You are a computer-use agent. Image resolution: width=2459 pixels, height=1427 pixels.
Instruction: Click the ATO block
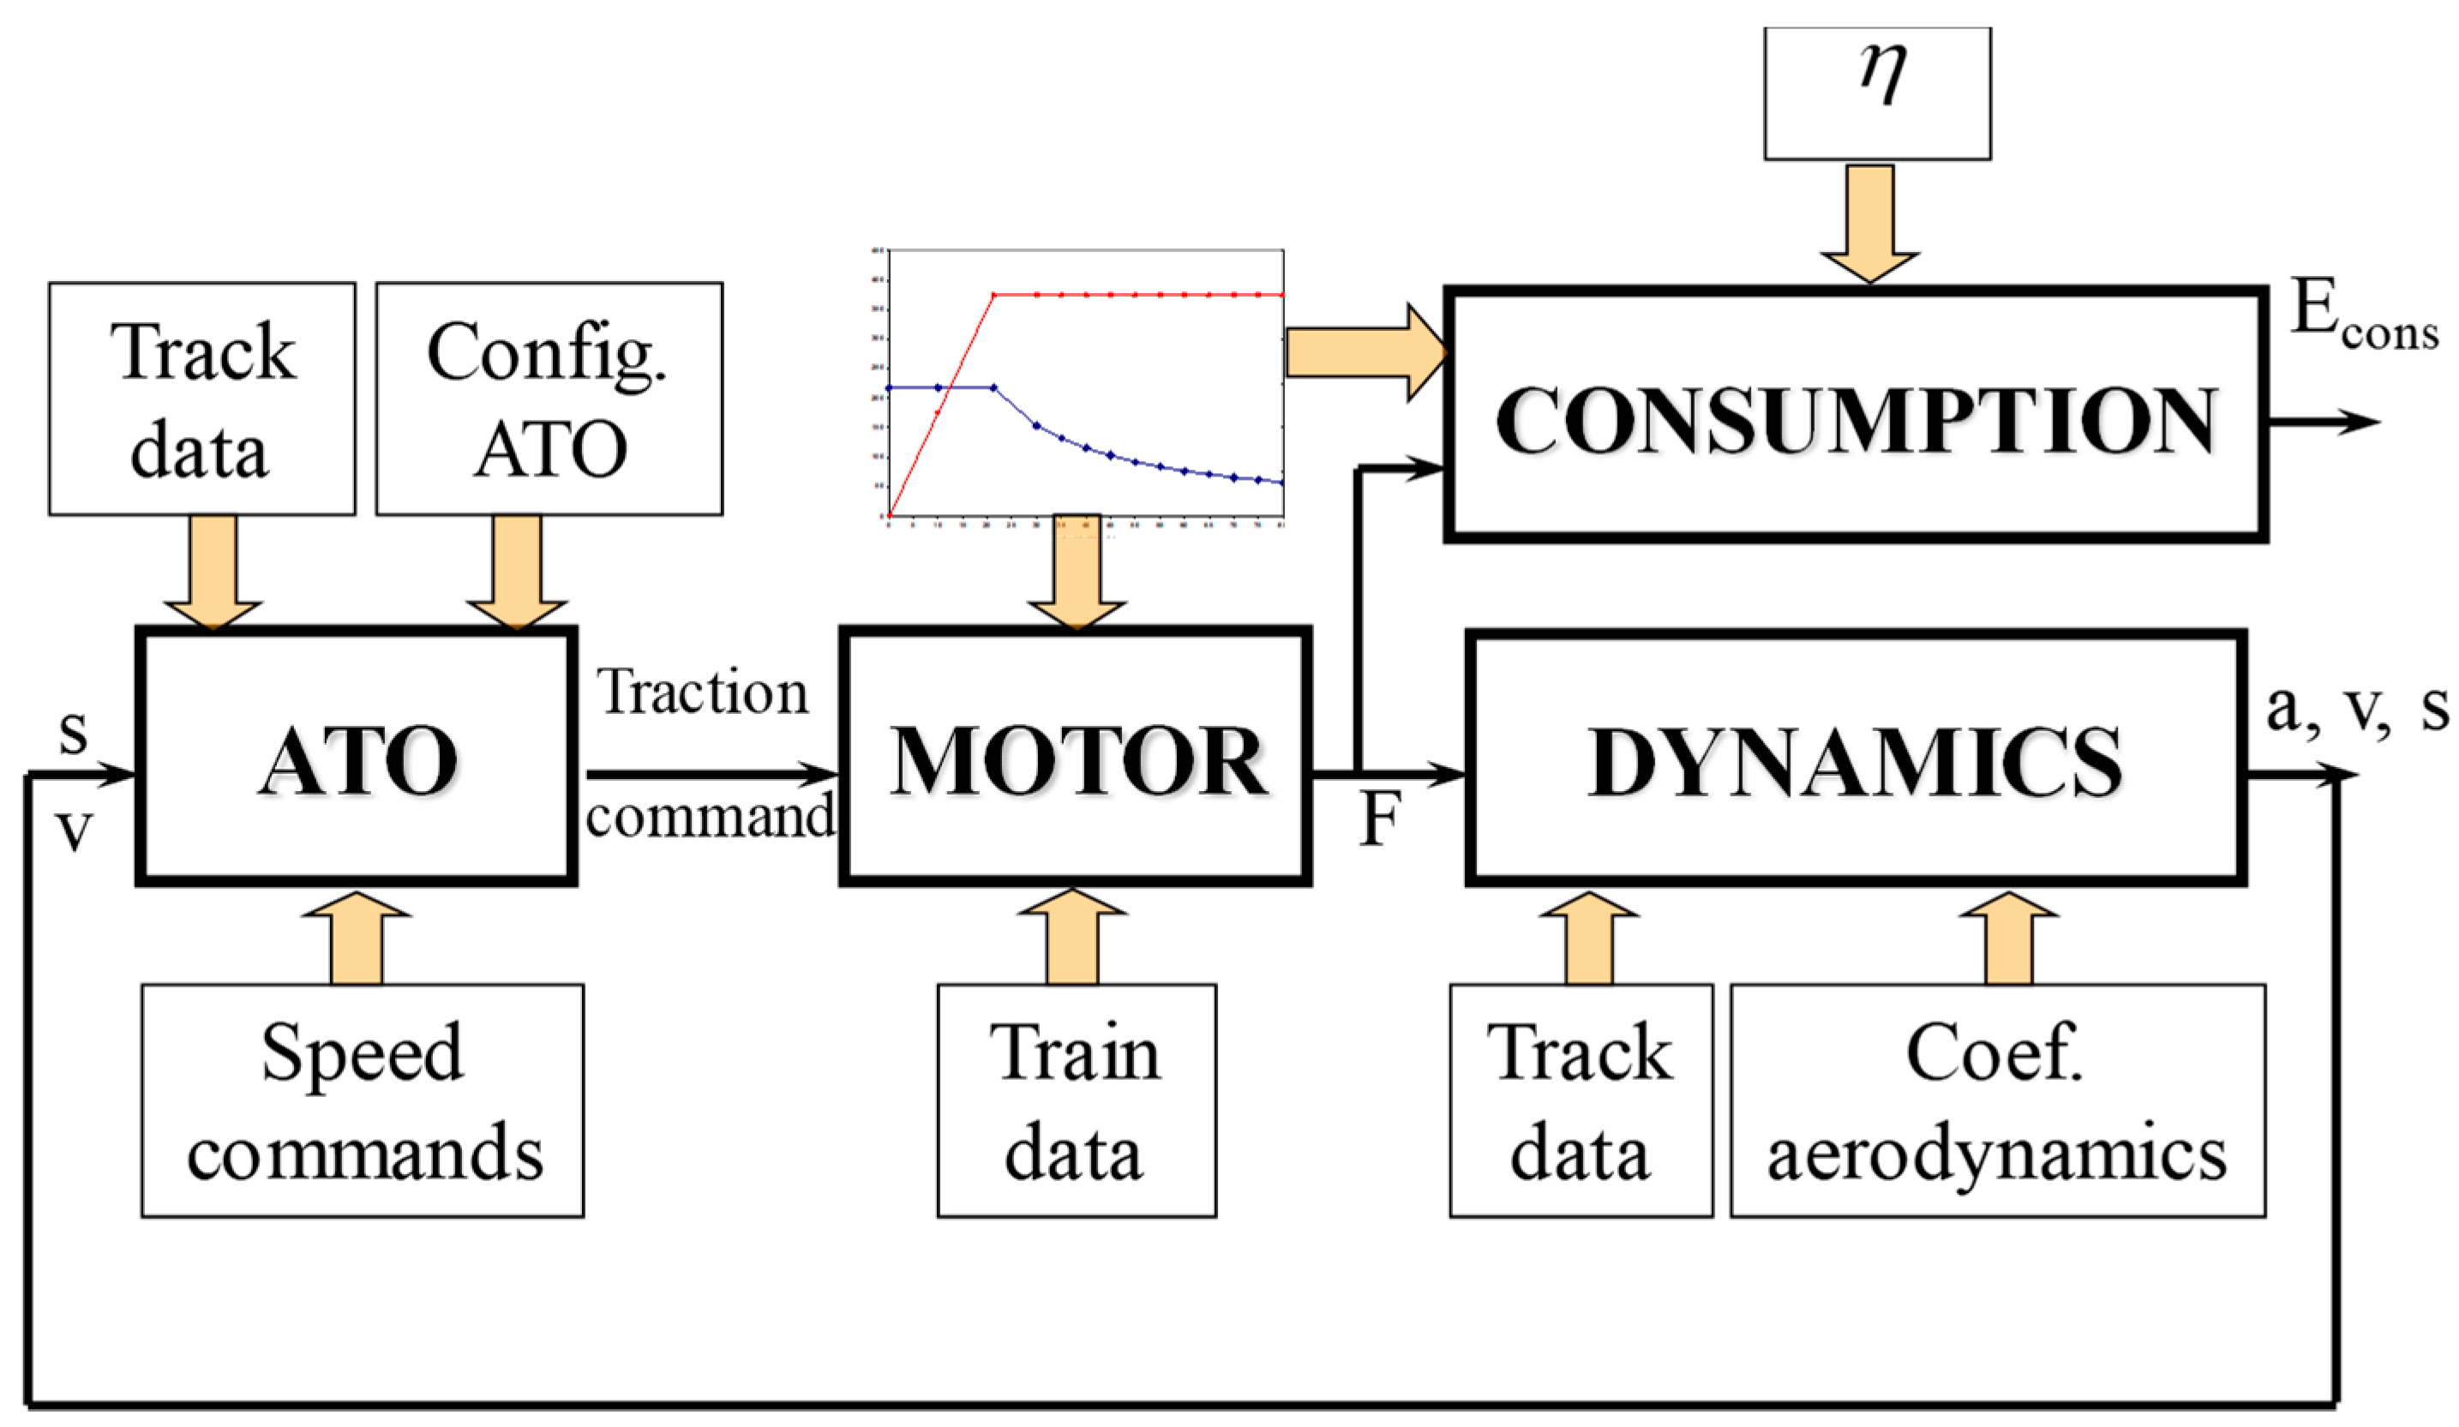357,757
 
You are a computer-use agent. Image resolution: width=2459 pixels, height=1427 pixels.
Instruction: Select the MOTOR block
1076,757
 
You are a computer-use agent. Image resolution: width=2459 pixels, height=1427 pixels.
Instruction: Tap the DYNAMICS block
1854,759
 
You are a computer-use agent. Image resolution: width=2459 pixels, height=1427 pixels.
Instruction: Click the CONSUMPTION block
1854,415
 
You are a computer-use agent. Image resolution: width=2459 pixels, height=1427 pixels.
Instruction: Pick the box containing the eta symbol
1876,93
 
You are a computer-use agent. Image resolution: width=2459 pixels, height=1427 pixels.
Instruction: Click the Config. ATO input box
549,399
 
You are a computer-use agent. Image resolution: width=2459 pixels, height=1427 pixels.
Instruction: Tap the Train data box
1077,1100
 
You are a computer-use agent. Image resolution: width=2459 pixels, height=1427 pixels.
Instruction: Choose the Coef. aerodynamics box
1996,1100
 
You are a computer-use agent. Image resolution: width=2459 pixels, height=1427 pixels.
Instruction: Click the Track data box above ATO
202,399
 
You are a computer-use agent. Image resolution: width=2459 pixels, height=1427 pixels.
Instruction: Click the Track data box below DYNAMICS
1580,1100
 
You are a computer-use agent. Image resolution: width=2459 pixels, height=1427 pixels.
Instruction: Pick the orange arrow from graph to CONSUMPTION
1361,352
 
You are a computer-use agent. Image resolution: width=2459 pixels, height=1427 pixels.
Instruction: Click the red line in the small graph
1132,294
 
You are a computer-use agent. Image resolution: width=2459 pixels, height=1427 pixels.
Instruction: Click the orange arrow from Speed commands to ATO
357,937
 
